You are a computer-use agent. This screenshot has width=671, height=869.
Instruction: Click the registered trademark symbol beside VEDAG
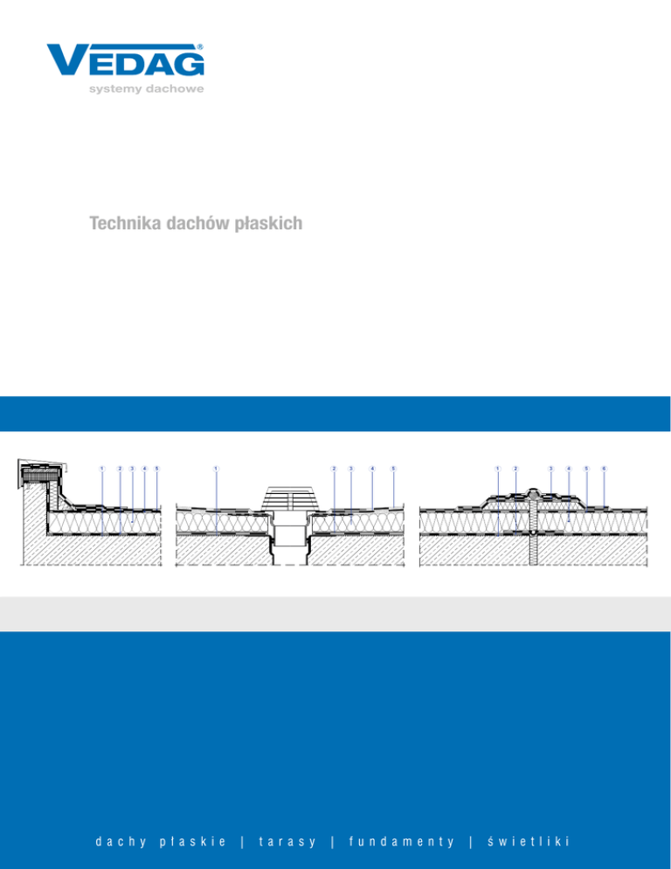[x=201, y=46]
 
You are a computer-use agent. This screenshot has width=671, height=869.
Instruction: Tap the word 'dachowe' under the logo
[x=175, y=88]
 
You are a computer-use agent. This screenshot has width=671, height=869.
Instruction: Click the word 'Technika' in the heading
[x=121, y=225]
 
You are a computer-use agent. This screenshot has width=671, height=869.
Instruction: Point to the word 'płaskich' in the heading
[x=271, y=225]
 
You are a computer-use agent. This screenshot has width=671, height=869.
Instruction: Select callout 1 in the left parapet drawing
[x=102, y=468]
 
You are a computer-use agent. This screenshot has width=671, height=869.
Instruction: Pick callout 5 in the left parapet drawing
[x=156, y=468]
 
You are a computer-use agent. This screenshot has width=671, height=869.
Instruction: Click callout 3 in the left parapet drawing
[x=132, y=468]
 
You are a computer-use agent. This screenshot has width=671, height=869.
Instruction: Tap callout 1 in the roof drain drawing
[x=215, y=468]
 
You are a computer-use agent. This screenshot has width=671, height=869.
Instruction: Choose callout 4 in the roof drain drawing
[x=372, y=468]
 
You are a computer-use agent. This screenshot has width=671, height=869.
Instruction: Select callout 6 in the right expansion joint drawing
[x=604, y=468]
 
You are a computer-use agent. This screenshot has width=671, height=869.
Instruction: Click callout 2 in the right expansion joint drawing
[x=515, y=468]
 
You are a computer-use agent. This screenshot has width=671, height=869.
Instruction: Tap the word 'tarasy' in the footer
[x=287, y=841]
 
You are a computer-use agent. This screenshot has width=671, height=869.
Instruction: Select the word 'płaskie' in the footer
[x=195, y=841]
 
